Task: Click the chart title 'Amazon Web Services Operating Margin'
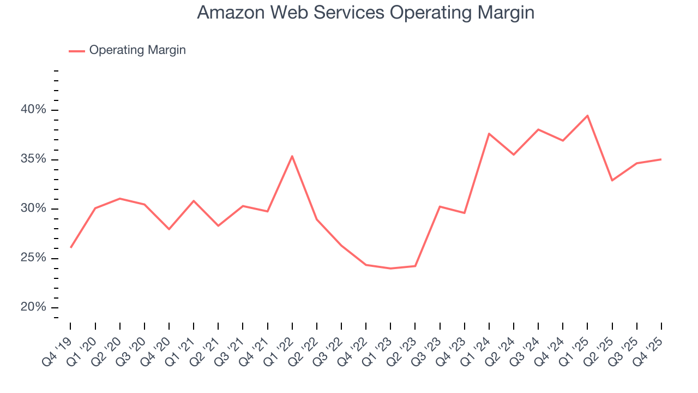365,13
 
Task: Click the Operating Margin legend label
137,50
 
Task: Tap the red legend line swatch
77,51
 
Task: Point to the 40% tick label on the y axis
33,110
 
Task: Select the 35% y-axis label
33,159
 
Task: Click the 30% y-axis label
33,209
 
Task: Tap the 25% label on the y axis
33,258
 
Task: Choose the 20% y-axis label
33,307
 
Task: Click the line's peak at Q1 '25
587,116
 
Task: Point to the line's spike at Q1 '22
292,156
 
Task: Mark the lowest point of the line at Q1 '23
390,269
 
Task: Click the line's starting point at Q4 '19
71,247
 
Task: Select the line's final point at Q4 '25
661,159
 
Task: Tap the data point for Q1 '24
489,133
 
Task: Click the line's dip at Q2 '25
612,180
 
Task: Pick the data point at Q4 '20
169,229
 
